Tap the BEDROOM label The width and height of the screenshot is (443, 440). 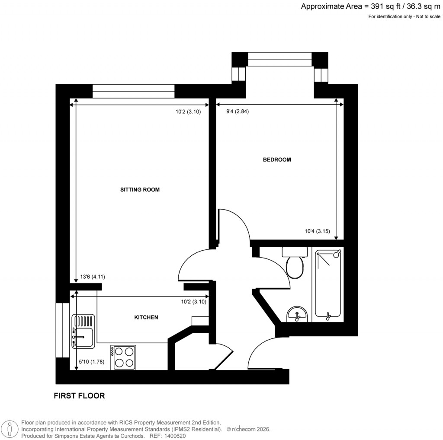click(x=277, y=159)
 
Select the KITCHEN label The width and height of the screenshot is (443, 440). click(x=146, y=317)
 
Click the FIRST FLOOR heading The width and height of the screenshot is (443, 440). click(x=79, y=395)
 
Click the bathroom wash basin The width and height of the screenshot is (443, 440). click(x=296, y=314)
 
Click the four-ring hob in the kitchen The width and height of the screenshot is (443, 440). click(x=123, y=357)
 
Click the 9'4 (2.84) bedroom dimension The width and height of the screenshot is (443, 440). click(x=238, y=112)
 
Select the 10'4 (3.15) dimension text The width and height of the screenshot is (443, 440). click(x=317, y=231)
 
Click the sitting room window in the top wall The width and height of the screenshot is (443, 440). click(x=133, y=91)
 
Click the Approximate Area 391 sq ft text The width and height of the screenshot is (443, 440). click(x=371, y=6)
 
